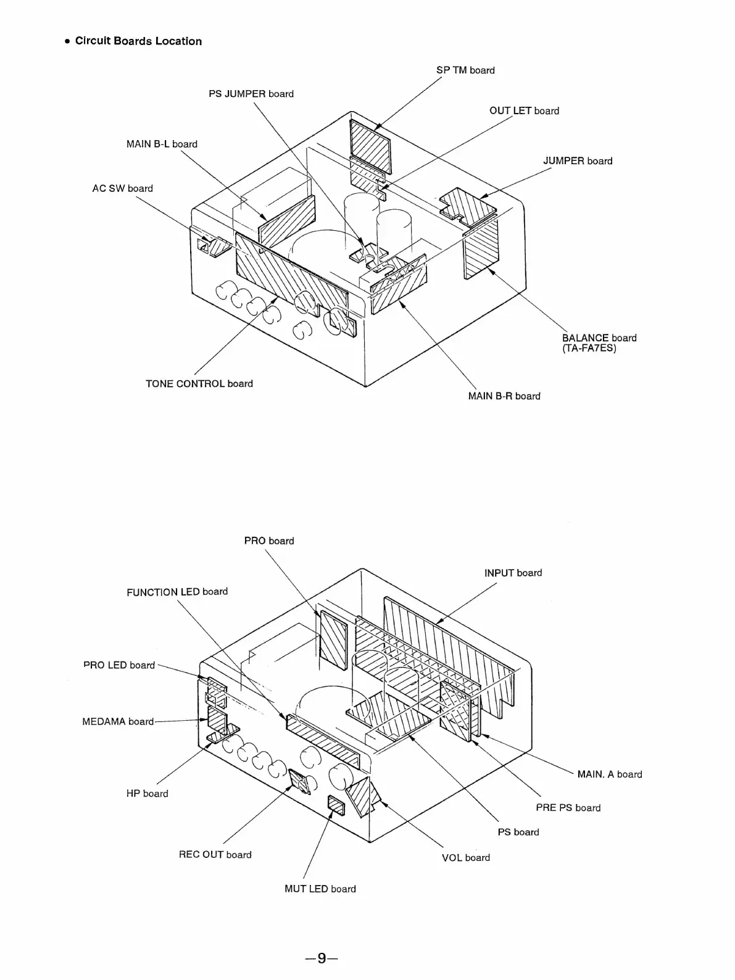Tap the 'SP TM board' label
pyautogui.click(x=465, y=70)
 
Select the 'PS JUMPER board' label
pyautogui.click(x=251, y=94)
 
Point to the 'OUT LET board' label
pyautogui.click(x=524, y=111)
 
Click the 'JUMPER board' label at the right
pyautogui.click(x=578, y=161)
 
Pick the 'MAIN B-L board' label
pyautogui.click(x=162, y=144)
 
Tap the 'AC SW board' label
pyautogui.click(x=122, y=189)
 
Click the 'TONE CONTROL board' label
pyautogui.click(x=199, y=384)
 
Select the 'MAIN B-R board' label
pyautogui.click(x=504, y=396)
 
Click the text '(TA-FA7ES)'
pyautogui.click(x=589, y=349)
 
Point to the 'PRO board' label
pyautogui.click(x=268, y=541)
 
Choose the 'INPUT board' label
pyautogui.click(x=513, y=573)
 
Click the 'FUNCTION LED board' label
pyautogui.click(x=177, y=592)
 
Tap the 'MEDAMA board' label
pyautogui.click(x=118, y=721)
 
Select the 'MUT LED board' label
pyautogui.click(x=320, y=889)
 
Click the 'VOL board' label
pyautogui.click(x=465, y=858)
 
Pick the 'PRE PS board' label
pyautogui.click(x=568, y=808)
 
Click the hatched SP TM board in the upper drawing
pyautogui.click(x=370, y=146)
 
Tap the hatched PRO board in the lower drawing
pyautogui.click(x=333, y=639)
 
